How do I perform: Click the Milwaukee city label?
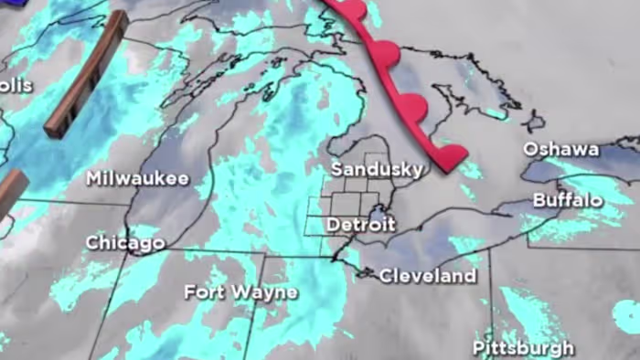137,178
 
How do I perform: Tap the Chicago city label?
125,243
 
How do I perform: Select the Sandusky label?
377,170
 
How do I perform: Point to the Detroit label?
361,224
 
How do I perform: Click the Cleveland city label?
428,275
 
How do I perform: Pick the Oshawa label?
561,149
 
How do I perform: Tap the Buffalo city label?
568,200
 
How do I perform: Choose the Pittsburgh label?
523,347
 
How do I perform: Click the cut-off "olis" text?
16,85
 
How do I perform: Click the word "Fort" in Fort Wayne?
204,292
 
